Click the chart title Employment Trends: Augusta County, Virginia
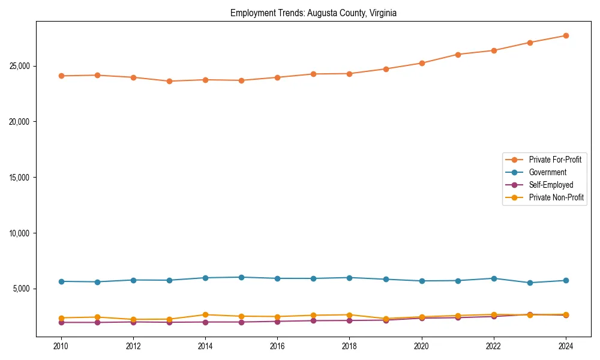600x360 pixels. pyautogui.click(x=313, y=13)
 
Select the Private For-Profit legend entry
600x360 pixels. pyautogui.click(x=555, y=160)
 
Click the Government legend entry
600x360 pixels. pyautogui.click(x=547, y=172)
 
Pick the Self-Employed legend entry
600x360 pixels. pyautogui.click(x=551, y=185)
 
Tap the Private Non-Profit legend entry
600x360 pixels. pyautogui.click(x=556, y=197)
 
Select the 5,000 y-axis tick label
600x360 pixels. pyautogui.click(x=23, y=289)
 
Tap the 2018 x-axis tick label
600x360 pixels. pyautogui.click(x=349, y=346)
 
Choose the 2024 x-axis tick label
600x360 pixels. pyautogui.click(x=566, y=346)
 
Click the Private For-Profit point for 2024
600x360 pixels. pyautogui.click(x=566, y=35)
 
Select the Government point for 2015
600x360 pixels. pyautogui.click(x=241, y=277)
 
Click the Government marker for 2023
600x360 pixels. pyautogui.click(x=530, y=283)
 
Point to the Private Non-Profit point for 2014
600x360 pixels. pyautogui.click(x=205, y=314)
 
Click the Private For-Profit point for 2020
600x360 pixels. pyautogui.click(x=422, y=63)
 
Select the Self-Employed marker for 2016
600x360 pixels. pyautogui.click(x=277, y=322)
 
